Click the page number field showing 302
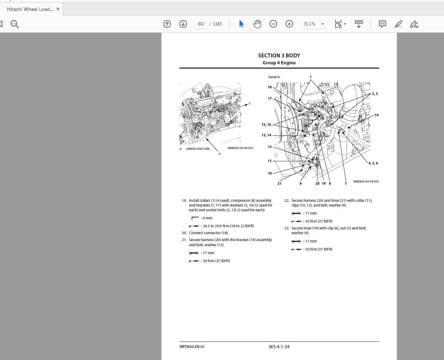(201, 24)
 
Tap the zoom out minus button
(273, 24)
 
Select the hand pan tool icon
(257, 24)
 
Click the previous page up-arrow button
(167, 24)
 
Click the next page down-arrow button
(183, 24)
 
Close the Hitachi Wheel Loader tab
(58, 9)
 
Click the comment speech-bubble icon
(382, 24)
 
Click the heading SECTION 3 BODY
(279, 56)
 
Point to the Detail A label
(274, 77)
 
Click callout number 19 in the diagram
(376, 115)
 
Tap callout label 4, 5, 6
(373, 163)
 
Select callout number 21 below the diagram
(279, 184)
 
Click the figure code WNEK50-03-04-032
(240, 148)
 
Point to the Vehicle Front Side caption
(198, 149)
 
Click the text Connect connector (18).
(209, 233)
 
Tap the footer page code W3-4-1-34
(279, 347)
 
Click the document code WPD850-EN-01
(192, 347)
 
